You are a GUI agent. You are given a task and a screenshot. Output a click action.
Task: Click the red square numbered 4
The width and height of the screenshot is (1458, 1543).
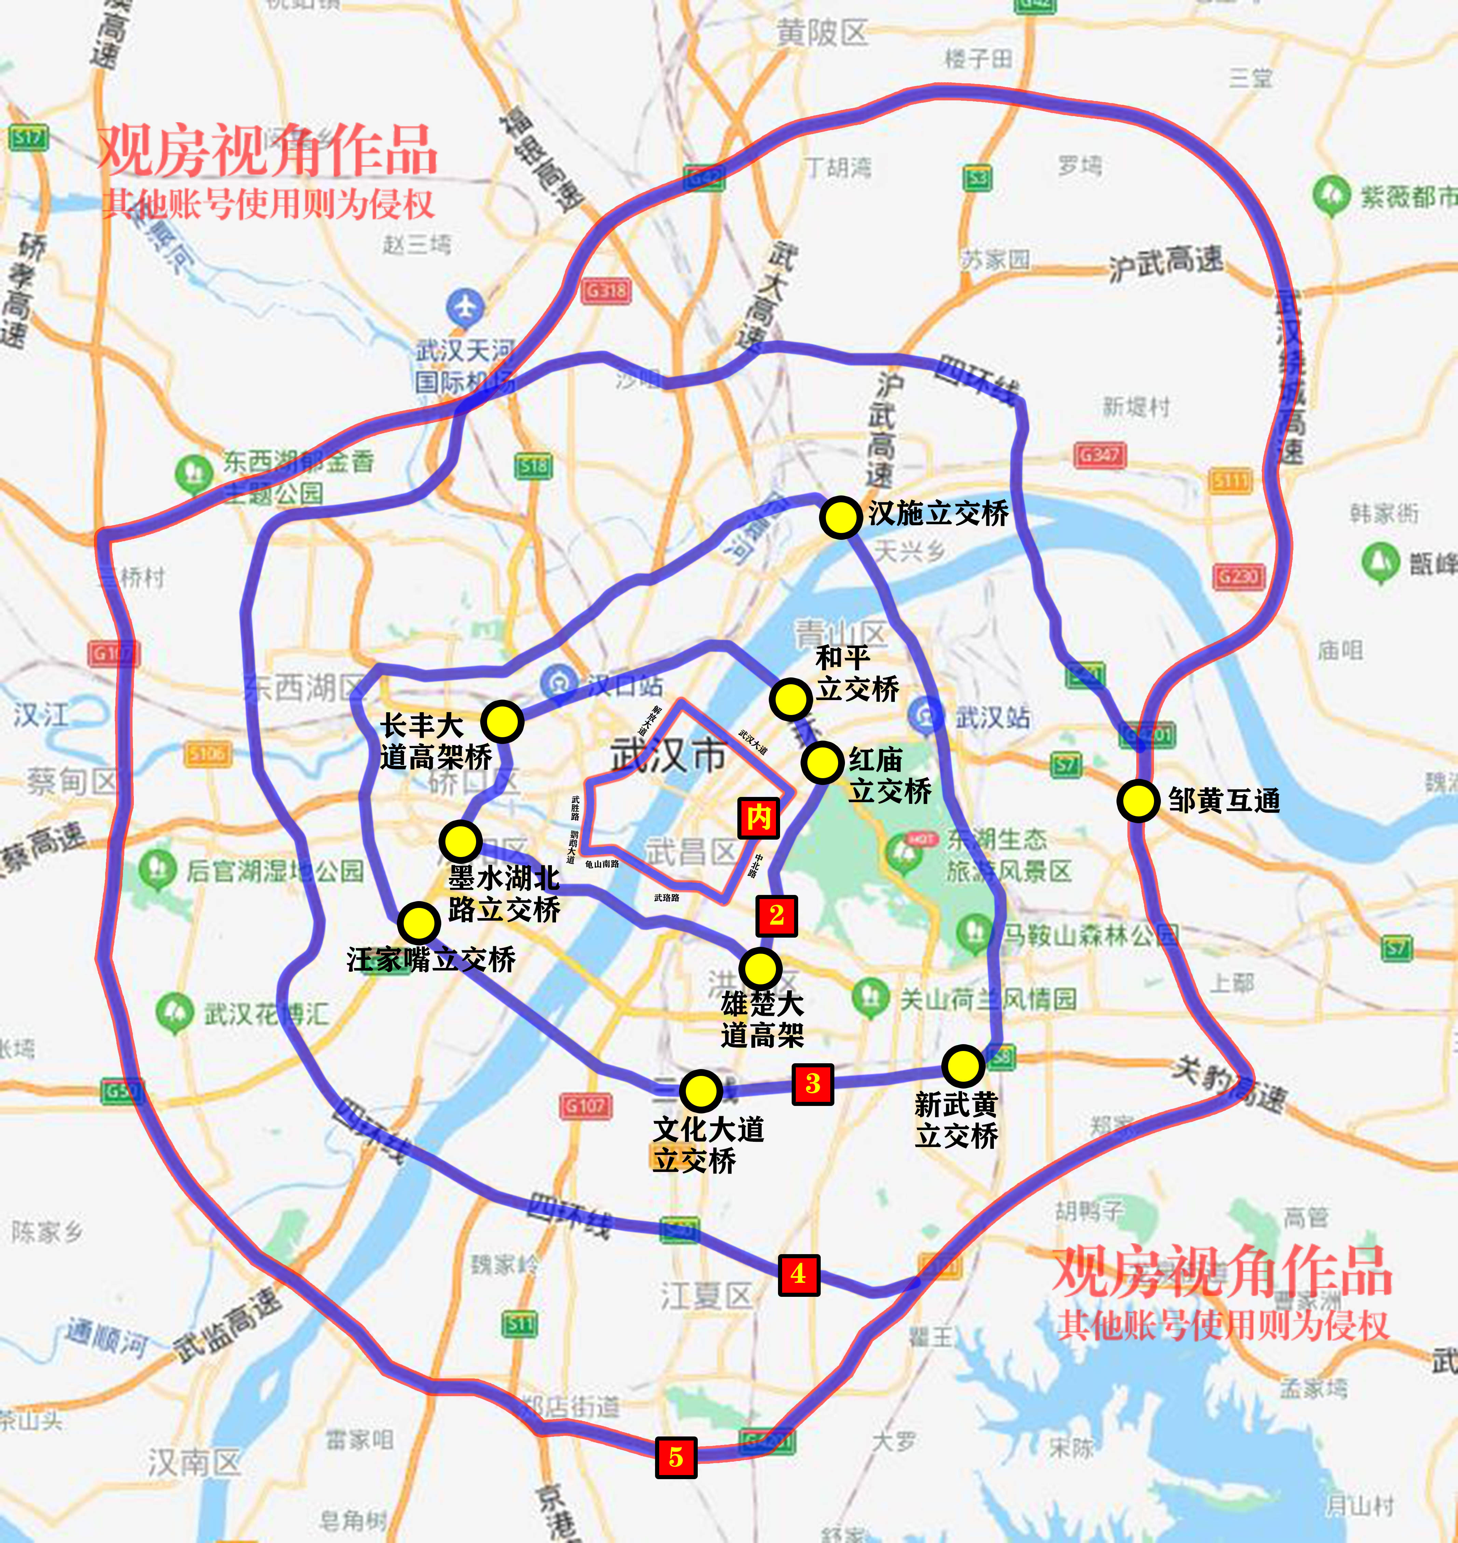point(798,1274)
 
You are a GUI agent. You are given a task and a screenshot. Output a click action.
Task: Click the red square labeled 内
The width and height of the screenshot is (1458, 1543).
point(759,817)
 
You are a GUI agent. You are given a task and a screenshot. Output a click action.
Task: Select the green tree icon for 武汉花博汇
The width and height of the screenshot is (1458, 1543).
point(174,1012)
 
